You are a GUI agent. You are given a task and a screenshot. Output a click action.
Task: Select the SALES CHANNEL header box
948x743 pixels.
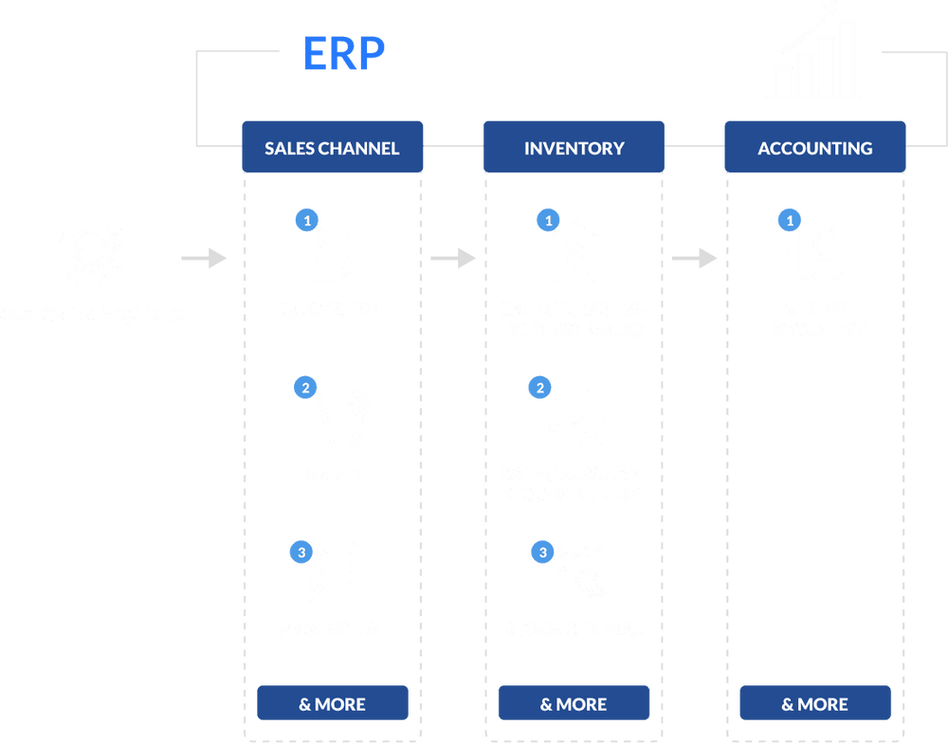(332, 148)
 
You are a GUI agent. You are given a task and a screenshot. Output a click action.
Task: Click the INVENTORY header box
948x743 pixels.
(574, 148)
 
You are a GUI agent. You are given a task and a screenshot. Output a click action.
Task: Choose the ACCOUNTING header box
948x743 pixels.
(815, 148)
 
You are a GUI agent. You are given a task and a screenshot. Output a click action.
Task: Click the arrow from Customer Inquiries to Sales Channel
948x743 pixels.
(204, 258)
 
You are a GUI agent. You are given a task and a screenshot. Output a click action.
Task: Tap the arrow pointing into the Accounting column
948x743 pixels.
(695, 258)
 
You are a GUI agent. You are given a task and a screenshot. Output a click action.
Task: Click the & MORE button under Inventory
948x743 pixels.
(574, 704)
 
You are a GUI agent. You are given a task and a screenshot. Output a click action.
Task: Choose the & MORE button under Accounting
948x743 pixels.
(815, 704)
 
